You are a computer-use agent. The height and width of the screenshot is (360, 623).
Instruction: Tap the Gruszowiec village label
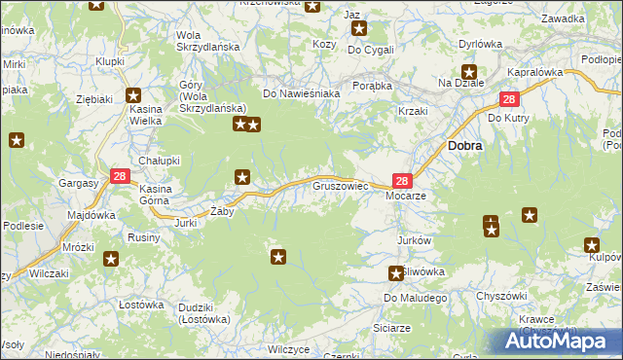340,184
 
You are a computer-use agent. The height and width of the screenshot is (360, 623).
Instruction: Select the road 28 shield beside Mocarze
402,180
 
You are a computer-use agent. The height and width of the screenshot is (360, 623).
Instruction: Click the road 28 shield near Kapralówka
510,99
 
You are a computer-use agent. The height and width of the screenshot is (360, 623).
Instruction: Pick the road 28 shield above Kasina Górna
120,176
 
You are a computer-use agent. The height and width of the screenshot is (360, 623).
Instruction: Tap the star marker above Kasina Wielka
134,96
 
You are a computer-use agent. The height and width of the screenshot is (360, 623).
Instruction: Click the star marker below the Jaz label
359,28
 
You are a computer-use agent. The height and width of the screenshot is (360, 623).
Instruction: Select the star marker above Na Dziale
469,70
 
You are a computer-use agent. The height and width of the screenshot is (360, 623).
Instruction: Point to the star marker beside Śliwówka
395,273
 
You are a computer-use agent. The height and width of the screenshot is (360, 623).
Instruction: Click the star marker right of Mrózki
111,259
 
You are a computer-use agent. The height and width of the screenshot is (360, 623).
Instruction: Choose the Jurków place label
415,240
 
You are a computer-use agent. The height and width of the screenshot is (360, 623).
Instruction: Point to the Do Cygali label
371,50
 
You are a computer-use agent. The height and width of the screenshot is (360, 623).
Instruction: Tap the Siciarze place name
391,328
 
